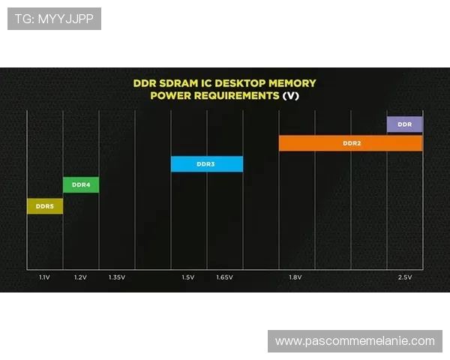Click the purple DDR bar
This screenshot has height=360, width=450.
(x=404, y=124)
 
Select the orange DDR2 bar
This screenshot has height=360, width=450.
(x=350, y=143)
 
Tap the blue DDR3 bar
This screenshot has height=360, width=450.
(x=206, y=163)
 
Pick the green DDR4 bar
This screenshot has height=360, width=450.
(x=80, y=184)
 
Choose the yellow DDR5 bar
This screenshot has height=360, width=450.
(x=45, y=205)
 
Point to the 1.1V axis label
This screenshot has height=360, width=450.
(x=45, y=277)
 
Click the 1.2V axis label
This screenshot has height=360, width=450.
(x=80, y=277)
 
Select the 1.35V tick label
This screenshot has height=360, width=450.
(x=116, y=277)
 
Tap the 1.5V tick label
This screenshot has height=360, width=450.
(x=187, y=277)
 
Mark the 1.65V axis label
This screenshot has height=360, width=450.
(x=224, y=277)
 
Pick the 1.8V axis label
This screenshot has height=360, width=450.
(x=295, y=277)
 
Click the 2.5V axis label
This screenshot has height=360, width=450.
(x=404, y=277)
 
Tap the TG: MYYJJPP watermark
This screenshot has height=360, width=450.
(x=54, y=19)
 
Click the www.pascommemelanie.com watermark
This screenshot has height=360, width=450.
(x=355, y=341)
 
